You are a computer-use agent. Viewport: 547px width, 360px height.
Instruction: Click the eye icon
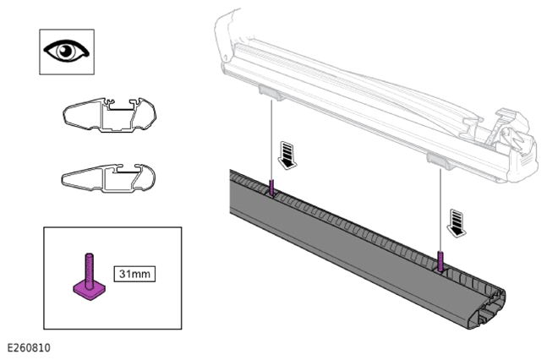(x=66, y=51)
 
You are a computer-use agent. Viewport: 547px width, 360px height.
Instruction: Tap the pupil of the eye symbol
(x=66, y=52)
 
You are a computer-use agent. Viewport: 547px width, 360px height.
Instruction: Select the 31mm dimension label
(x=134, y=274)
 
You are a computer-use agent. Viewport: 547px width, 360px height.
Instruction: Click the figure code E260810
(x=29, y=348)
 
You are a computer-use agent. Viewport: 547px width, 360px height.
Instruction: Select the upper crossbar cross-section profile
(x=110, y=115)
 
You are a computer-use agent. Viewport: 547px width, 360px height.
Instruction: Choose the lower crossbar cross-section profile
(x=108, y=178)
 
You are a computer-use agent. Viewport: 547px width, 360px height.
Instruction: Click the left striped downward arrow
(x=287, y=155)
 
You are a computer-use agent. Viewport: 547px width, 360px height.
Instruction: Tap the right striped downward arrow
(x=457, y=223)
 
